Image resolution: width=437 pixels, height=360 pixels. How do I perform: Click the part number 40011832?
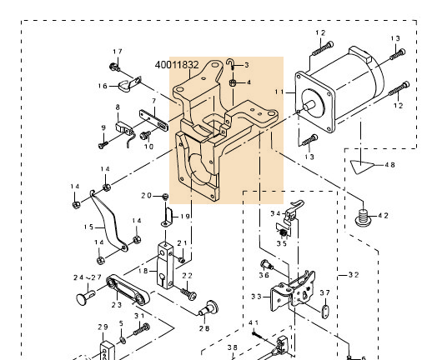pyautogui.click(x=177, y=63)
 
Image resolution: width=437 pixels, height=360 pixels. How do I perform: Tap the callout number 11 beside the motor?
pyautogui.click(x=280, y=91)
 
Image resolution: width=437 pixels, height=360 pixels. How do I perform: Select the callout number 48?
pyautogui.click(x=389, y=165)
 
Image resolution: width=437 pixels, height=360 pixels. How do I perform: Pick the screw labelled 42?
pyautogui.click(x=363, y=218)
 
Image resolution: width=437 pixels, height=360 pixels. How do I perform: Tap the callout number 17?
pyautogui.click(x=117, y=52)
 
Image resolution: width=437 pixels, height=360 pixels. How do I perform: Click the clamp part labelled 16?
pyautogui.click(x=127, y=85)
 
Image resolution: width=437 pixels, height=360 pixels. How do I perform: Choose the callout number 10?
pyautogui.click(x=148, y=146)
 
